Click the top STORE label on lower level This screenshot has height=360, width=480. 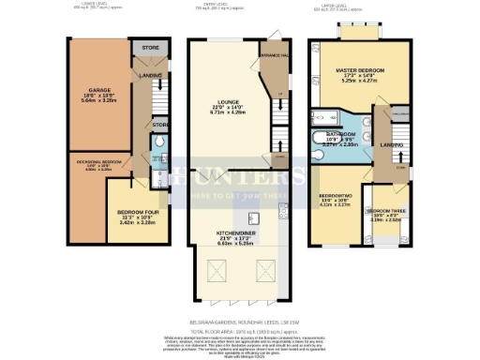(149, 46)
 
